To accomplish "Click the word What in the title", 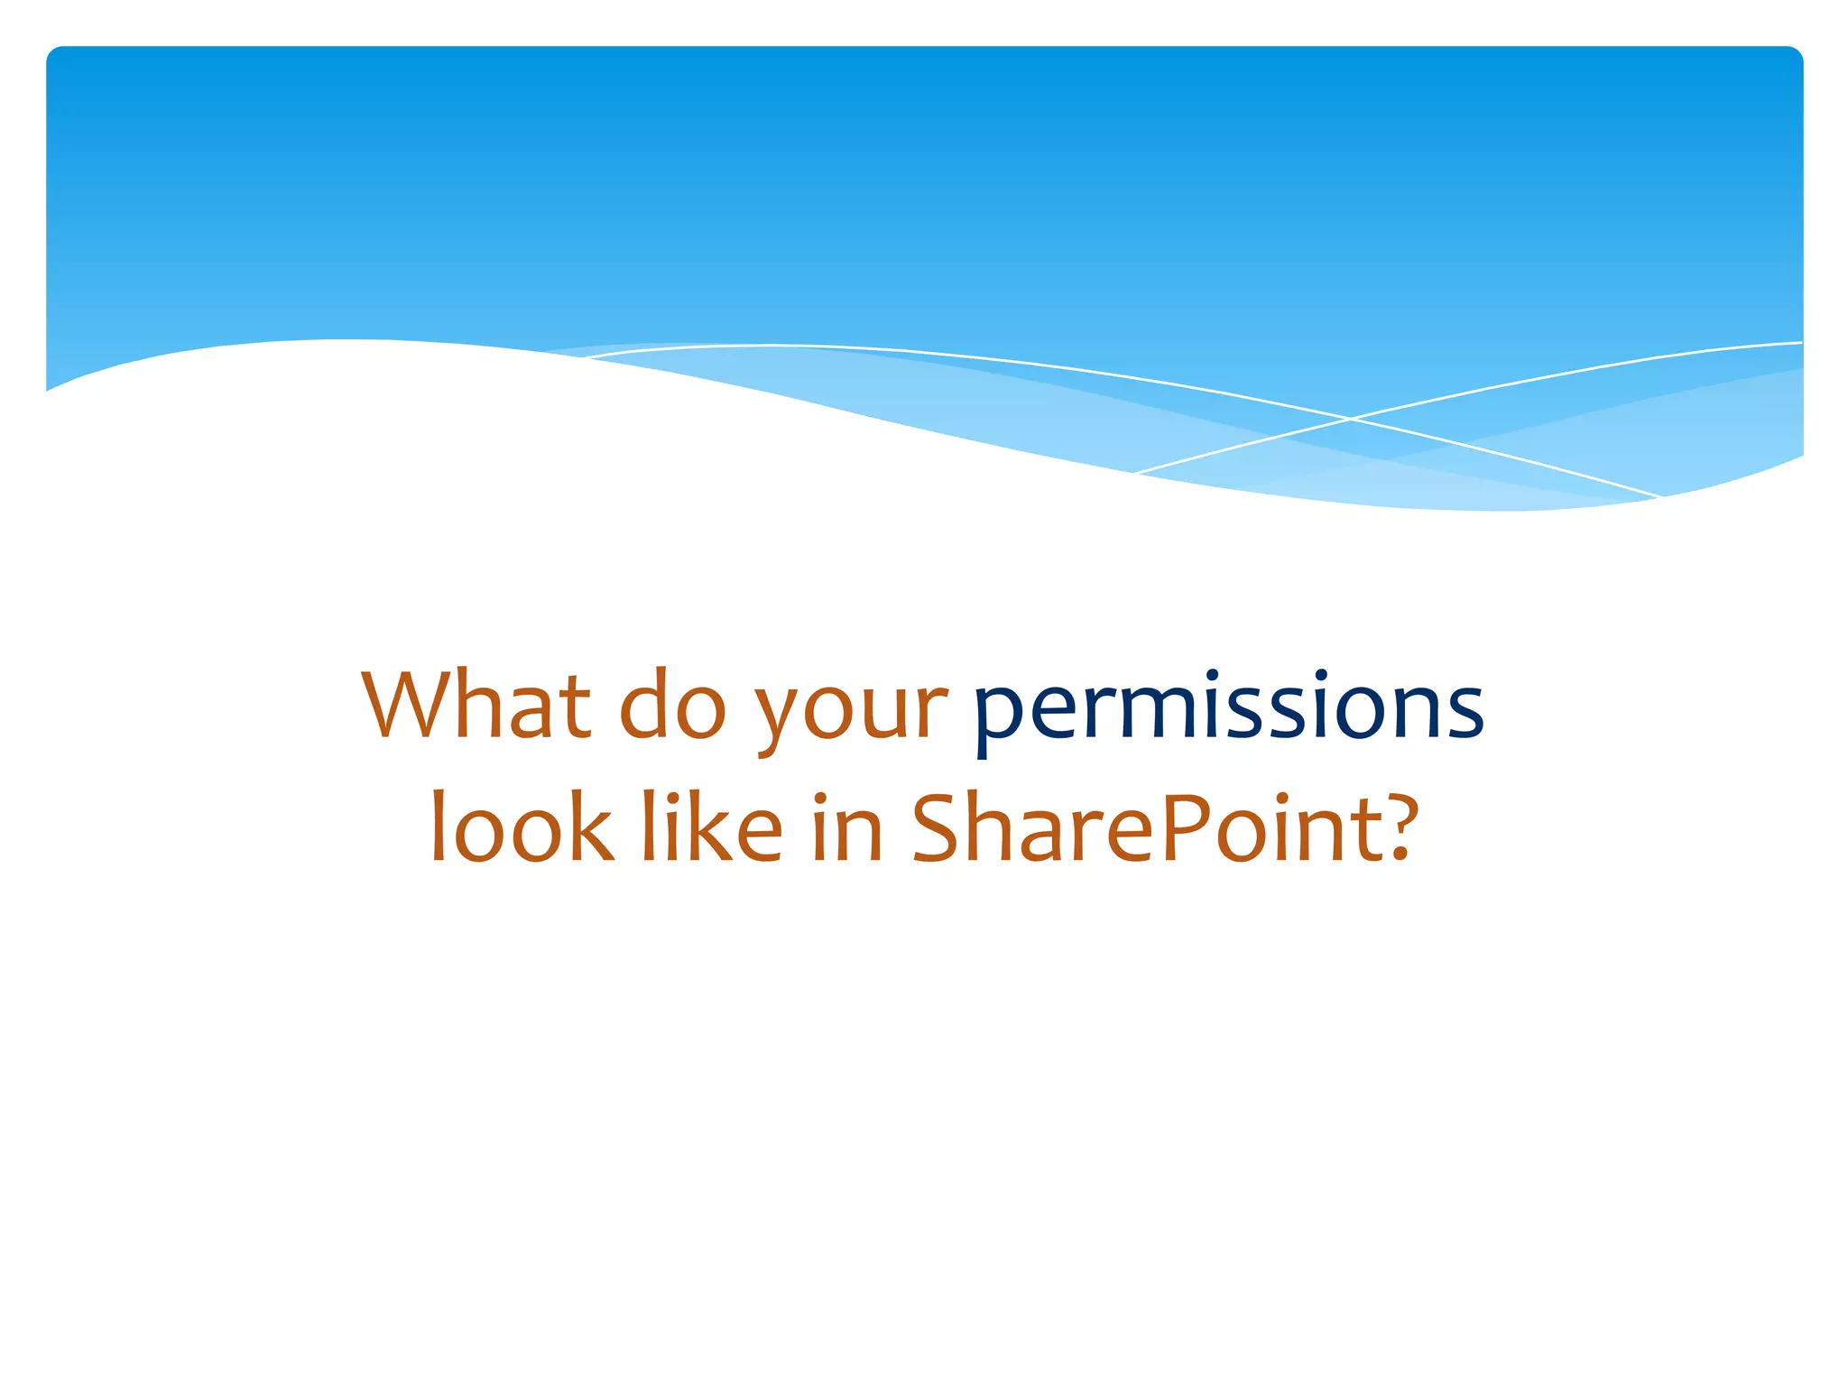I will click(x=476, y=705).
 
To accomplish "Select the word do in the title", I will click(x=672, y=705).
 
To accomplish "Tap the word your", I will click(x=851, y=713).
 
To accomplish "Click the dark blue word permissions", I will click(x=1228, y=708).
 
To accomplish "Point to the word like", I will click(x=712, y=827).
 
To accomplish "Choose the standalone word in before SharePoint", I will click(x=846, y=828).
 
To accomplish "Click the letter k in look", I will click(x=593, y=827).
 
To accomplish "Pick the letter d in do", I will click(x=647, y=705).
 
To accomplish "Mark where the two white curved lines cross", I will click(x=1351, y=418).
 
